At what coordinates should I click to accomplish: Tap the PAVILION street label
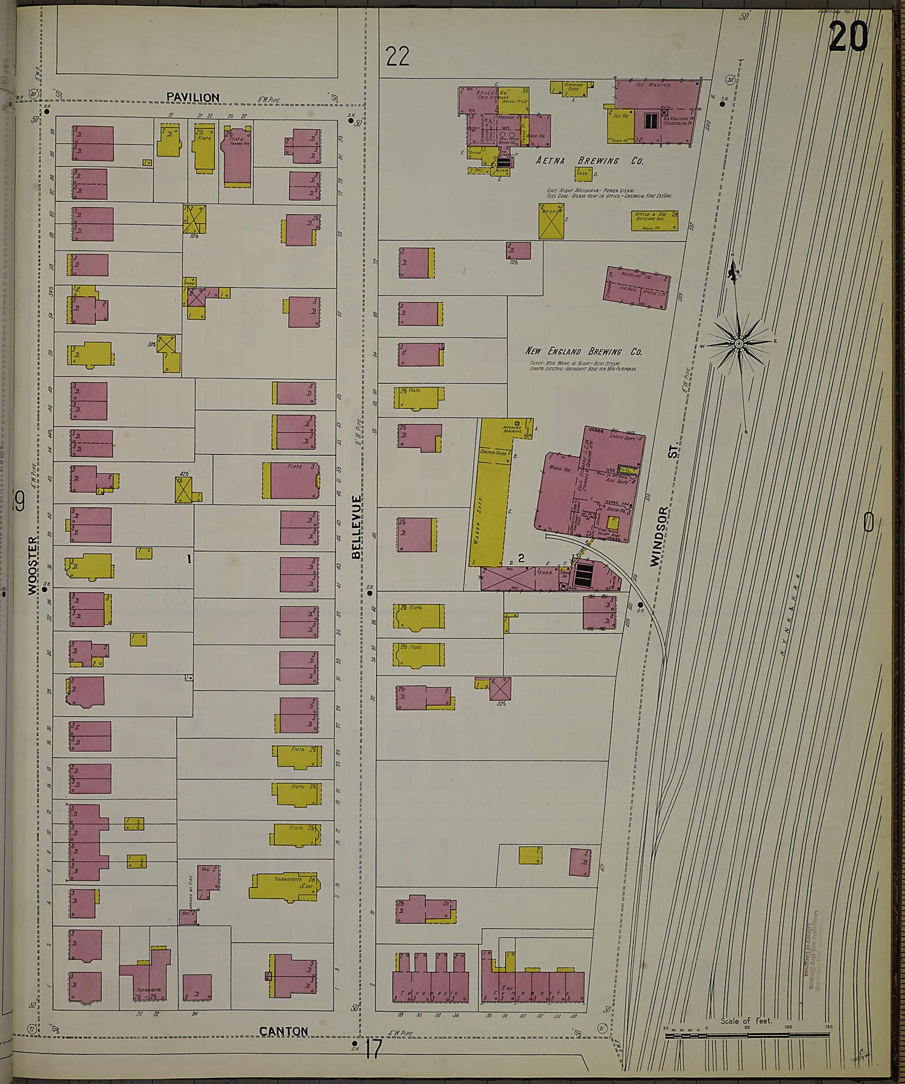pyautogui.click(x=192, y=97)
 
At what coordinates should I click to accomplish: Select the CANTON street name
pyautogui.click(x=284, y=1031)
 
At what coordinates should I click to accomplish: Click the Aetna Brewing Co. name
pyautogui.click(x=589, y=162)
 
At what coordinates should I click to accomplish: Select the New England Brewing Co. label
pyautogui.click(x=583, y=351)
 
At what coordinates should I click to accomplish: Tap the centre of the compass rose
pyautogui.click(x=738, y=344)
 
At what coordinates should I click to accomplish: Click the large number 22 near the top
pyautogui.click(x=398, y=57)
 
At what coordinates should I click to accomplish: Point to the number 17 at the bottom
pyautogui.click(x=373, y=1050)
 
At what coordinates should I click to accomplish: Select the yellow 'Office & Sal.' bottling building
pyautogui.click(x=654, y=221)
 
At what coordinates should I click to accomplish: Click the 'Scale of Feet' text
pyautogui.click(x=746, y=1021)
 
